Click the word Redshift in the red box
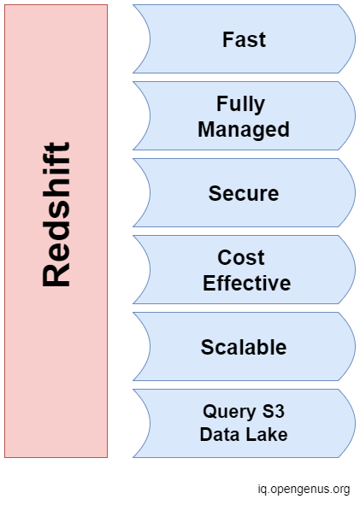[56, 214]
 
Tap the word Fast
[244, 39]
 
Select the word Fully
[241, 104]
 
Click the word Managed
[244, 130]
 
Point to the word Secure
[244, 194]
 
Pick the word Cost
[241, 258]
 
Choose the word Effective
[246, 283]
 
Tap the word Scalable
[244, 347]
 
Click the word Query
[229, 412]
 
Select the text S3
[274, 411]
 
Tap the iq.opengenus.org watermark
[304, 490]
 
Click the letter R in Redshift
[56, 275]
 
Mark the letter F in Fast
[227, 39]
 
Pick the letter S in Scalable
[208, 347]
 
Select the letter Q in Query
[210, 412]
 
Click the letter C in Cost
[225, 258]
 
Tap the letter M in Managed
[206, 129]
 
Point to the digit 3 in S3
[280, 411]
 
